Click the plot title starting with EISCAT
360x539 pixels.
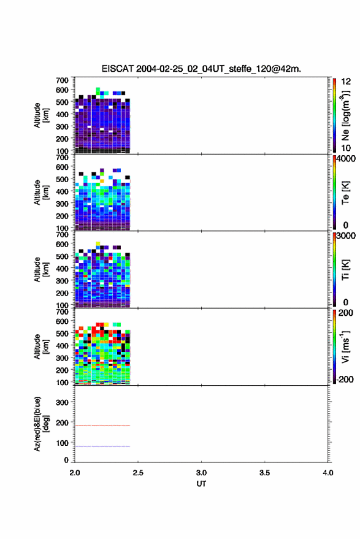[x=201, y=69]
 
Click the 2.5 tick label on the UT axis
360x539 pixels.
[x=138, y=473]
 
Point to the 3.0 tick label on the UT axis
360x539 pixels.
[x=201, y=473]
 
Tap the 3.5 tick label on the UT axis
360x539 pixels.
[x=264, y=473]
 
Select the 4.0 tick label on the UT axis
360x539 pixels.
[x=327, y=473]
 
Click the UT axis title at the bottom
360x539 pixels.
[x=201, y=484]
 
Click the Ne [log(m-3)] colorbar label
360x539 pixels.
[x=345, y=115]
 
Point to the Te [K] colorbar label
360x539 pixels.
[x=345, y=193]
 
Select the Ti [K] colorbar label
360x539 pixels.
[x=345, y=270]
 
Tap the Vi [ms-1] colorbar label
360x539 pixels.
[x=345, y=346]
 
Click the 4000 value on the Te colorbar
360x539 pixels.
[x=346, y=159]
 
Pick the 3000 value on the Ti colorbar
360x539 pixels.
[x=346, y=236]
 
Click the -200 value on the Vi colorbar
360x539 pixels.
[x=345, y=379]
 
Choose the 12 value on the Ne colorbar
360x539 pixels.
[x=346, y=82]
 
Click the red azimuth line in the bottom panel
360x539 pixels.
[x=102, y=426]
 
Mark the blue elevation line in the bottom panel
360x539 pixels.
[x=102, y=446]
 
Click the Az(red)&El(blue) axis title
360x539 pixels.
[x=40, y=424]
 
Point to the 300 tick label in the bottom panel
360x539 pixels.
[x=62, y=402]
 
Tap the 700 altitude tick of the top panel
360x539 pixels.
[x=62, y=80]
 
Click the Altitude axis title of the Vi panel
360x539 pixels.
[x=40, y=346]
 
